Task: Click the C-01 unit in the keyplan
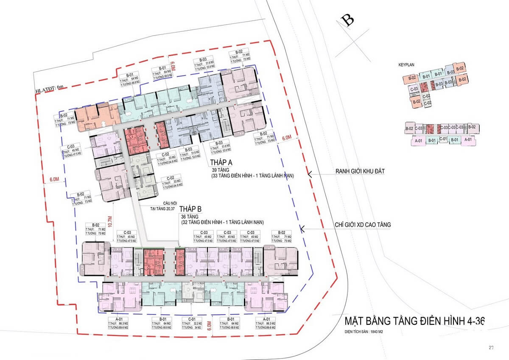point(443,139)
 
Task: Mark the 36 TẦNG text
point(190,216)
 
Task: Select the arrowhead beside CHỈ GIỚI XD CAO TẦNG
point(303,228)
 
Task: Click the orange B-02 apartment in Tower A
point(97,115)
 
